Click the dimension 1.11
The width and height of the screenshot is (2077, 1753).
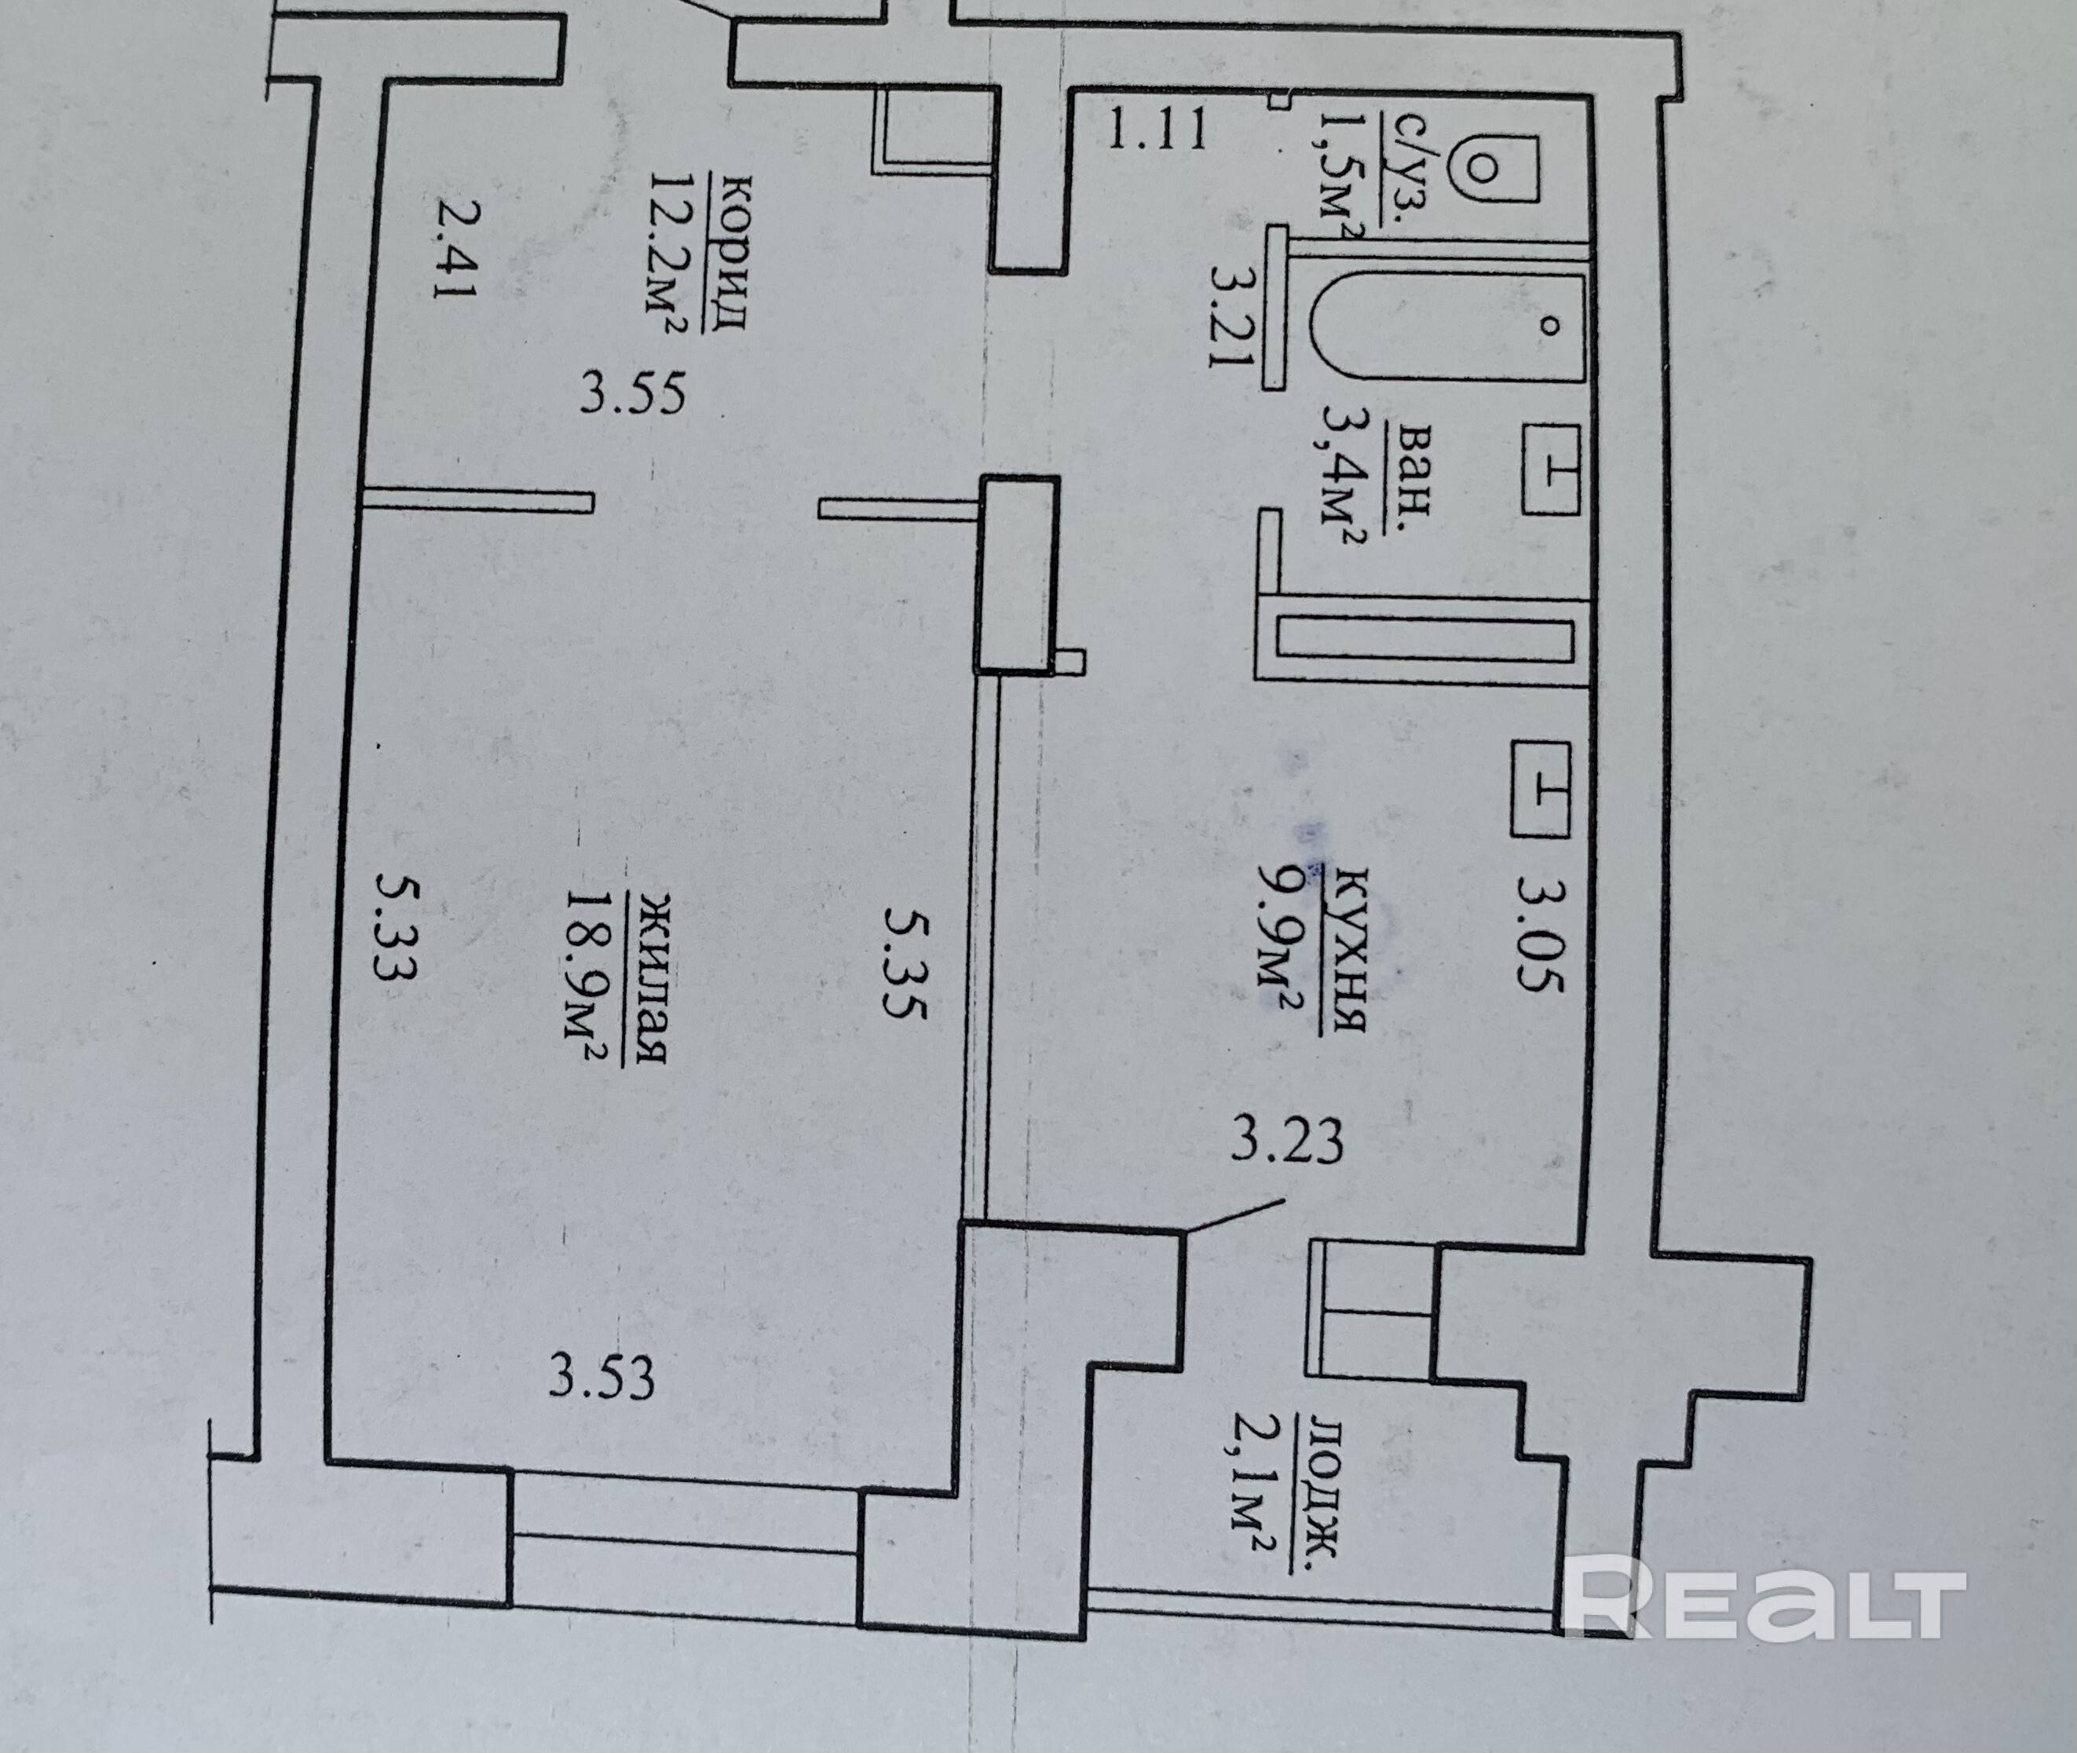(1157, 130)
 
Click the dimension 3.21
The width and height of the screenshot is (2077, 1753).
(1228, 315)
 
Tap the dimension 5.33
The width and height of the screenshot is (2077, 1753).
(396, 926)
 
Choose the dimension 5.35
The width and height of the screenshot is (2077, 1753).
(905, 967)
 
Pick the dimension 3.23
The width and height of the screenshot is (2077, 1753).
(1286, 1141)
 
